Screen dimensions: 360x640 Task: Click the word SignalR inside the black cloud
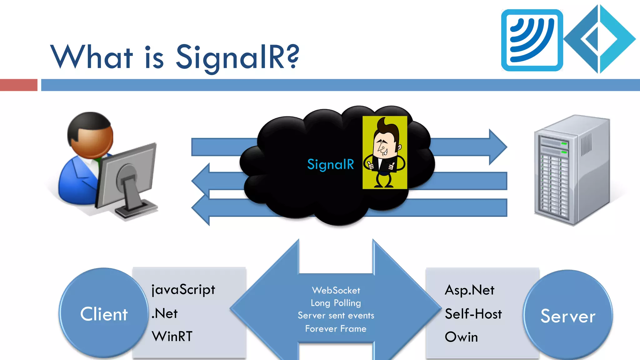pyautogui.click(x=330, y=164)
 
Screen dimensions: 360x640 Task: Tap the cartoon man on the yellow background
pyautogui.click(x=385, y=152)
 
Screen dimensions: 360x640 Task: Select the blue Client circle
pyautogui.click(x=104, y=313)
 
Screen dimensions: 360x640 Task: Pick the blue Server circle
pyautogui.click(x=568, y=316)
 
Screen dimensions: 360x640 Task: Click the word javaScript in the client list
pyautogui.click(x=183, y=290)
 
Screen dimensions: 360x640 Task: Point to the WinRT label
pyautogui.click(x=172, y=337)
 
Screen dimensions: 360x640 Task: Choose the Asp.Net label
pyautogui.click(x=469, y=290)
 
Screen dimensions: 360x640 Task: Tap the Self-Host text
pyautogui.click(x=473, y=314)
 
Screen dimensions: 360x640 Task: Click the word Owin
pyautogui.click(x=461, y=337)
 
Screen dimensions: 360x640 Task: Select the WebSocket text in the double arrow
pyautogui.click(x=336, y=291)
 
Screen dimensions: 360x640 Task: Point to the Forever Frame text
pyautogui.click(x=336, y=329)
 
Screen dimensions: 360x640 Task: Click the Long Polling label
pyautogui.click(x=336, y=303)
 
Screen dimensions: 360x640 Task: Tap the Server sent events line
pyautogui.click(x=336, y=316)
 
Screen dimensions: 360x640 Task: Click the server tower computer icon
pyautogui.click(x=572, y=170)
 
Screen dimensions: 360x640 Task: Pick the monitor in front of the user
pyautogui.click(x=128, y=180)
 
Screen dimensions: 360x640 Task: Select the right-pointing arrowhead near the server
pyautogui.click(x=498, y=147)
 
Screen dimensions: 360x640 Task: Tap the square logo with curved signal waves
pyautogui.click(x=532, y=40)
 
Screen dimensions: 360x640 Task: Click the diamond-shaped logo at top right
pyautogui.click(x=600, y=39)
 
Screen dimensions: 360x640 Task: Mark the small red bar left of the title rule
pyautogui.click(x=18, y=85)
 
